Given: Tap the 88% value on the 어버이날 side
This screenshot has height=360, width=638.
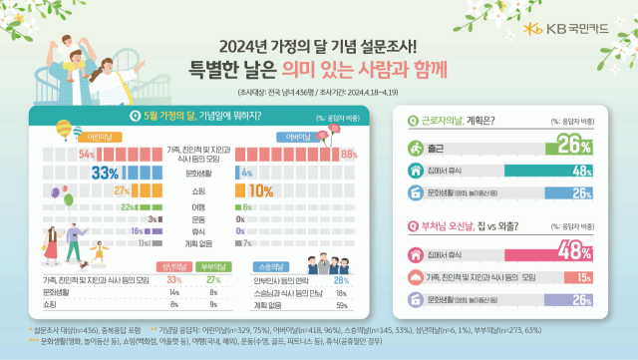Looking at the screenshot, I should [x=348, y=155].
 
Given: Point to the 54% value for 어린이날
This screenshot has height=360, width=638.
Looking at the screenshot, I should [x=86, y=155].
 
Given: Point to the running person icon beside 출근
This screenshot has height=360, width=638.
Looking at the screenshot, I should [x=415, y=148].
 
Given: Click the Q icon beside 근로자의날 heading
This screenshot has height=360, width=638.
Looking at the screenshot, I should [x=413, y=120].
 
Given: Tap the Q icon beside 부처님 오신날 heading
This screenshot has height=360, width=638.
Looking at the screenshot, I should [x=413, y=224].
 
